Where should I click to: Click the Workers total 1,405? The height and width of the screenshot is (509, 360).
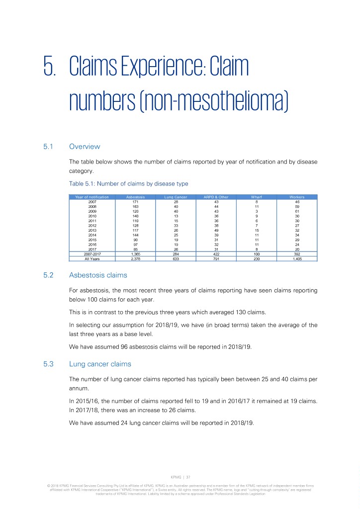click(297, 258)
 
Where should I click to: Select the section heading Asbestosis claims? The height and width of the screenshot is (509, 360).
click(98, 275)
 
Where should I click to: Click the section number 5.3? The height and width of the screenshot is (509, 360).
click(49, 364)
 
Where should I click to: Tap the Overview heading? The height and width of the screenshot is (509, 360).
click(85, 147)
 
